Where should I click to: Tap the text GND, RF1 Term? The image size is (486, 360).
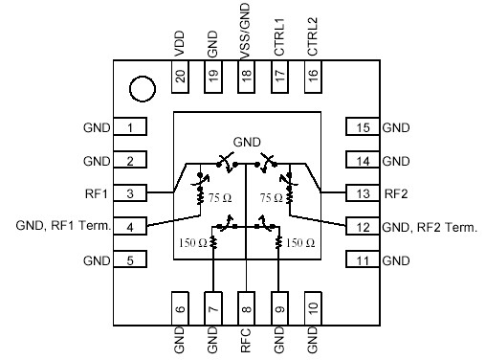tap(63, 227)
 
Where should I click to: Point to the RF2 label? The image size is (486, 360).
tap(395, 193)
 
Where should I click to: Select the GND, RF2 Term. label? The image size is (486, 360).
tap(429, 227)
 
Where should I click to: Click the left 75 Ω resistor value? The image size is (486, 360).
tap(220, 198)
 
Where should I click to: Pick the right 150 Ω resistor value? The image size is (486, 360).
tap(301, 243)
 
